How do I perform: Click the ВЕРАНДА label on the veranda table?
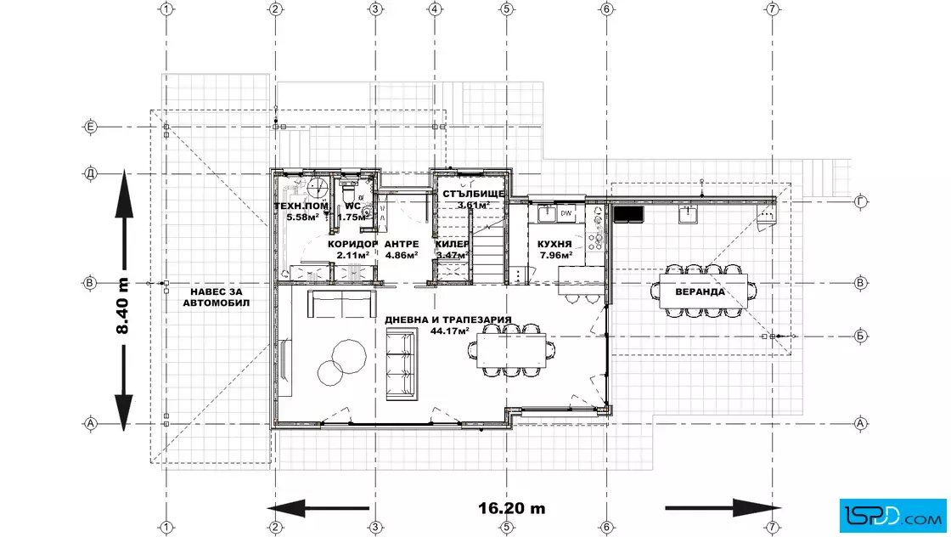[700, 291]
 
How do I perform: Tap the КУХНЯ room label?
[554, 244]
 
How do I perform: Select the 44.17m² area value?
[449, 331]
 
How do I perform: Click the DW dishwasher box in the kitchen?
[566, 213]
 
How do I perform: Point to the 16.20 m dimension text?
[512, 508]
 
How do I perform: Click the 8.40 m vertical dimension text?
[122, 306]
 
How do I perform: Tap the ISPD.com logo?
[892, 516]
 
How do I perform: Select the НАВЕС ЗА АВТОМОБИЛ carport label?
[216, 297]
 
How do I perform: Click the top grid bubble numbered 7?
[772, 9]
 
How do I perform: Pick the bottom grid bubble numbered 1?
[166, 528]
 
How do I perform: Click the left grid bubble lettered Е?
[90, 127]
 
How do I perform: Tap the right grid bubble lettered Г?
[860, 201]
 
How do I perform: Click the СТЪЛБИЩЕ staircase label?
[473, 195]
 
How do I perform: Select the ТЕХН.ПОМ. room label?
[301, 206]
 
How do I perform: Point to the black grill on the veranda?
[628, 213]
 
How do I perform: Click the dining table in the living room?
[511, 351]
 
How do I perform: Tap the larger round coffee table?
[349, 356]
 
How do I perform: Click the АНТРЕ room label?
[402, 244]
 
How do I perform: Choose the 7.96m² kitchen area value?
[554, 255]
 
